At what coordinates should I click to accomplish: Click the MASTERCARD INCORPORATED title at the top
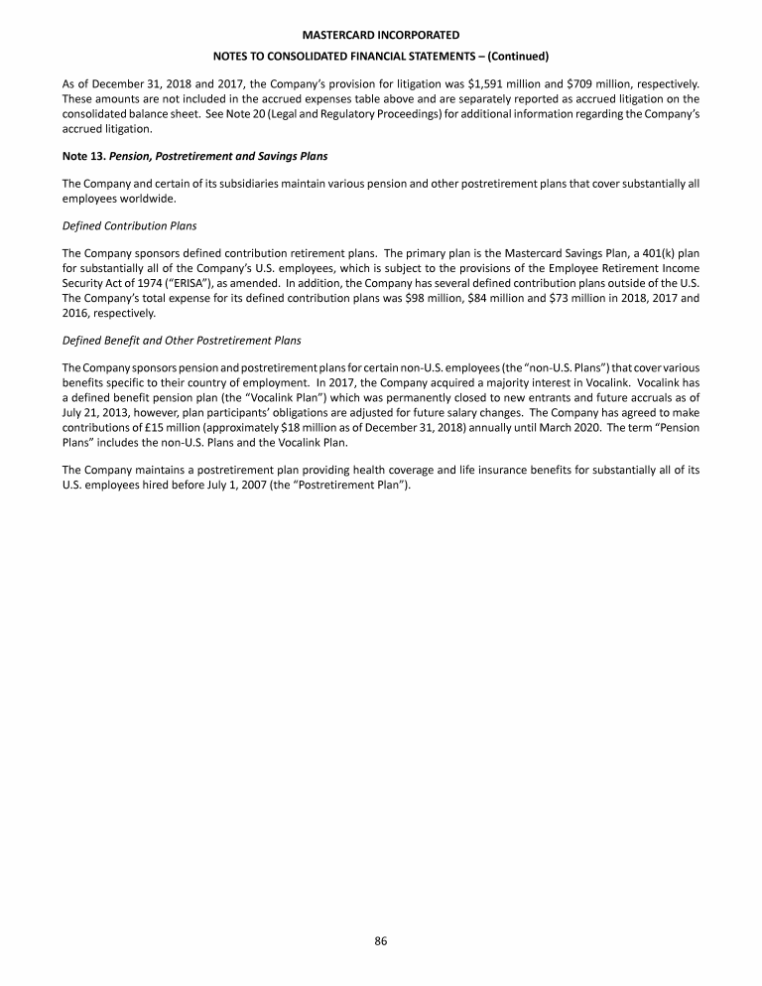pos(381,35)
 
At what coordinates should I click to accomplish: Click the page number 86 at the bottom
pos(380,941)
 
